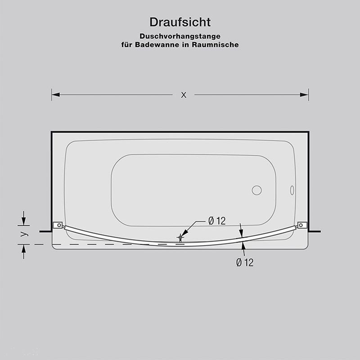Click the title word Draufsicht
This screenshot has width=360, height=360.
(180, 22)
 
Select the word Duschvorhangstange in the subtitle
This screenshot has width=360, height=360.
(180, 36)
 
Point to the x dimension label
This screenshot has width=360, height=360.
(183, 94)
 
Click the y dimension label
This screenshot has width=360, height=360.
(25, 234)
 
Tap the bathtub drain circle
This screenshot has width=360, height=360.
(256, 190)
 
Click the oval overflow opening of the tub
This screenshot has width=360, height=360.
(292, 190)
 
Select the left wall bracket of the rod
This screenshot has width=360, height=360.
(58, 225)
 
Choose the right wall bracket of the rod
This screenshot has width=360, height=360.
(302, 225)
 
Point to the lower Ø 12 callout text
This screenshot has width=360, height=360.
(244, 263)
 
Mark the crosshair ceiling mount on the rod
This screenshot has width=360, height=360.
(180, 237)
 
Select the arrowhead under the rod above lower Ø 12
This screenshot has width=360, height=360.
(243, 245)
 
